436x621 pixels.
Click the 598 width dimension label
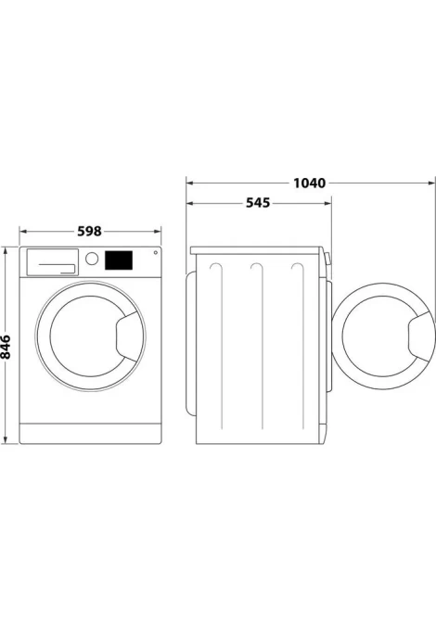tap(89, 231)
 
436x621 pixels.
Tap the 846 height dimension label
tap(6, 347)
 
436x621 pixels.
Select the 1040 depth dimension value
tap(309, 183)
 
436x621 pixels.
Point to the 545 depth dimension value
tap(258, 203)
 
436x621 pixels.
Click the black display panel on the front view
tap(119, 260)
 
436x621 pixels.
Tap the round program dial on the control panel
tap(92, 259)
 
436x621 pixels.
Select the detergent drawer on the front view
tap(52, 261)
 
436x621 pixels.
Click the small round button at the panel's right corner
tap(155, 252)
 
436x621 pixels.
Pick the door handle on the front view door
tap(128, 336)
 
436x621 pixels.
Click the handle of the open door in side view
tap(421, 336)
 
